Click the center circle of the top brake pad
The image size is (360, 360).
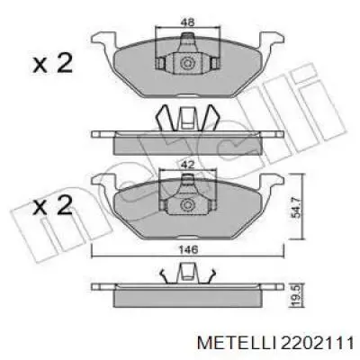point(187,64)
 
